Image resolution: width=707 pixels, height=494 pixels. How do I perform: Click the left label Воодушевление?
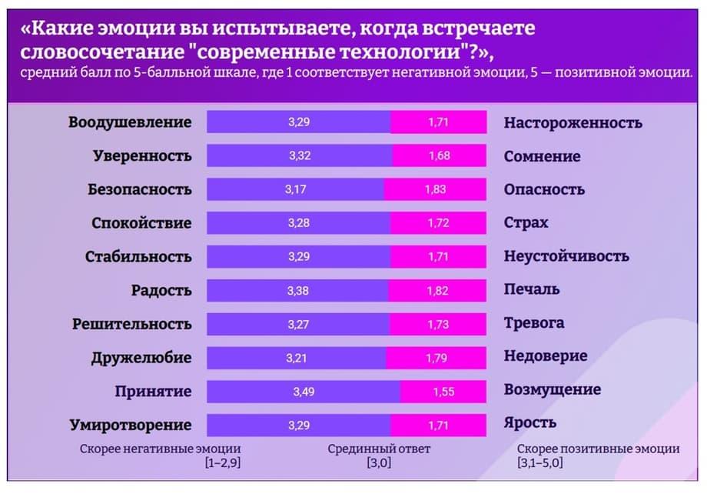[130, 122]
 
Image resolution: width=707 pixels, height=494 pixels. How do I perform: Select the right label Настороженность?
[573, 123]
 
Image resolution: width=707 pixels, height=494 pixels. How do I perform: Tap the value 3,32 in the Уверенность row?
[300, 156]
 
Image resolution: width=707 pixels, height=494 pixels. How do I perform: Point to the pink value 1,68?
[438, 156]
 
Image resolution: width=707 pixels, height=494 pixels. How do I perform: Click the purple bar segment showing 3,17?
[295, 189]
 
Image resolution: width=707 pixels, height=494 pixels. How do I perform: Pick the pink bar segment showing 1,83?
[435, 189]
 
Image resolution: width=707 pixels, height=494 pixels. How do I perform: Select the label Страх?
[526, 223]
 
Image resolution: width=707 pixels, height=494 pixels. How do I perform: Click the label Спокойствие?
[141, 223]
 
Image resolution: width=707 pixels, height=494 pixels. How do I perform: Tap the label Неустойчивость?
[566, 256]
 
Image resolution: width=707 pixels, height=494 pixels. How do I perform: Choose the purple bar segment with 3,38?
[298, 290]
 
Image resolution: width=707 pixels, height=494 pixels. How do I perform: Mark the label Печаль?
[532, 290]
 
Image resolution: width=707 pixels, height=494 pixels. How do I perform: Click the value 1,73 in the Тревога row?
[438, 324]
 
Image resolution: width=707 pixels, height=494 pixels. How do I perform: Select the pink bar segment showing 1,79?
[436, 358]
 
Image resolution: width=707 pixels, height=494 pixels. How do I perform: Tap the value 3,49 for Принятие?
[304, 392]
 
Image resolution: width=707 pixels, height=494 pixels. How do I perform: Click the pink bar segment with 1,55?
[443, 392]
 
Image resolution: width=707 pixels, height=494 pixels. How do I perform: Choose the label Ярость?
[530, 422]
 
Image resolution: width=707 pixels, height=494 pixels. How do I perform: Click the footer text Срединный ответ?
[379, 449]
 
